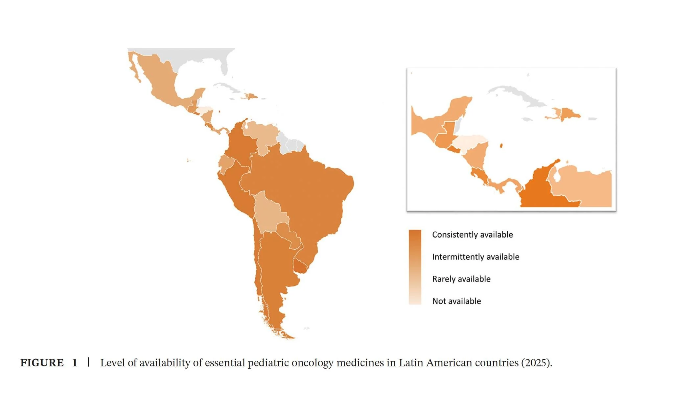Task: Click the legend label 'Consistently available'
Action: click(x=472, y=234)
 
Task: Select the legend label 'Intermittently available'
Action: click(x=476, y=257)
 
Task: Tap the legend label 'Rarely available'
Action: click(x=461, y=279)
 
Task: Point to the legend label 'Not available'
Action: click(x=456, y=301)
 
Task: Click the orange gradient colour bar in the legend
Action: click(x=415, y=267)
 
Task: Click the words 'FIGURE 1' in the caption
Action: click(x=49, y=363)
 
